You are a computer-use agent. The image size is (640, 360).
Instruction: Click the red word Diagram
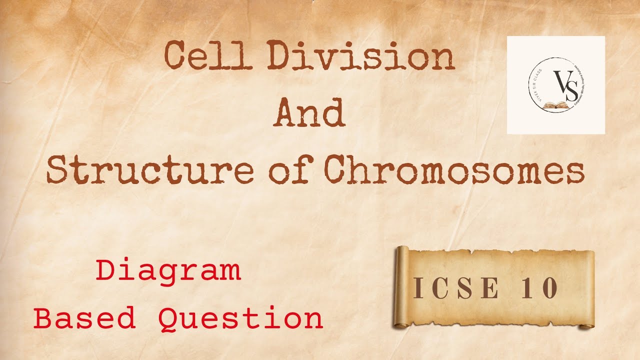169,271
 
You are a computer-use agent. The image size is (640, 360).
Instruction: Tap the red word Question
241,318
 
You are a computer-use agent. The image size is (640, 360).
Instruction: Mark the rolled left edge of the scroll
400,287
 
